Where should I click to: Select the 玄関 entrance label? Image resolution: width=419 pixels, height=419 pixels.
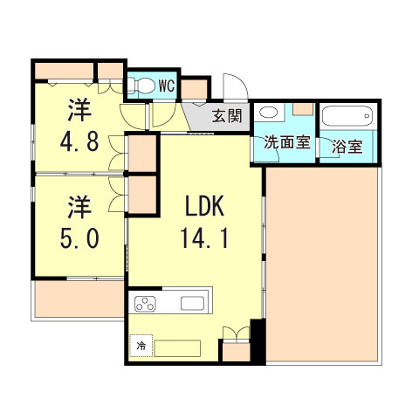[230, 116]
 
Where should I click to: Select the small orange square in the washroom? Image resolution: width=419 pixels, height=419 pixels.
[302, 110]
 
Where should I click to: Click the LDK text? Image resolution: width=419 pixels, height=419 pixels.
[205, 207]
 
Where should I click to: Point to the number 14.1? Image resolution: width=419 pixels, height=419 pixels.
[206, 238]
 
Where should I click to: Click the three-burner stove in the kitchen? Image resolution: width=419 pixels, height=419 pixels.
[145, 305]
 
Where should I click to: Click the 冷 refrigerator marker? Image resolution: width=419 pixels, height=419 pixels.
[140, 346]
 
